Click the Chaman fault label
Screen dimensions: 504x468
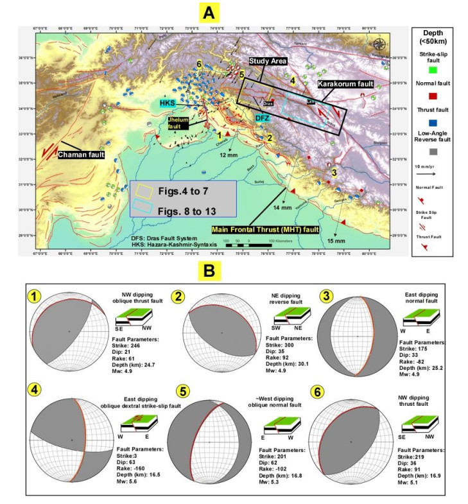(x=82, y=154)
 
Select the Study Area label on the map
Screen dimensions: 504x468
(x=268, y=60)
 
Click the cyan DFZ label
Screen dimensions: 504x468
(x=263, y=118)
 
